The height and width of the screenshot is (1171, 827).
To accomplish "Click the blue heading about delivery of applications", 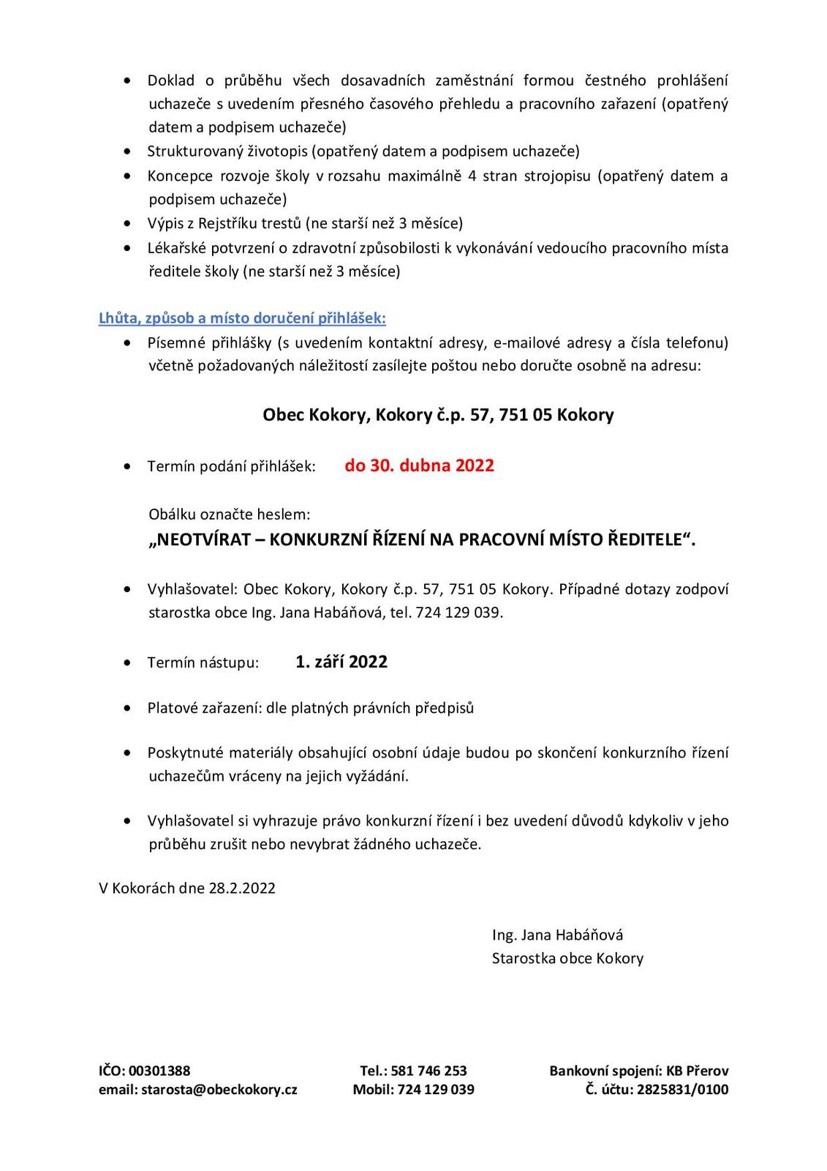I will tap(242, 318).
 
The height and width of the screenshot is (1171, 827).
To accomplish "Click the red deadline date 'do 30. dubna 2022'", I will tap(419, 465).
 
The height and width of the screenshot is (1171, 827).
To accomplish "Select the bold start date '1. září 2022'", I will tap(341, 662).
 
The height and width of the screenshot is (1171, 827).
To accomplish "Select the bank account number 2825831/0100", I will tap(682, 1089).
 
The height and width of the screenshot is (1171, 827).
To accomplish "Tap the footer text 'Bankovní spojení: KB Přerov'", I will tap(638, 1071).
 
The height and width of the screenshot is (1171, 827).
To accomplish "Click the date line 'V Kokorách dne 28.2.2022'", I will tap(187, 888).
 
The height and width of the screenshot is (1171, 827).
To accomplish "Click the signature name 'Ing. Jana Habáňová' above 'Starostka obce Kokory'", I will tap(557, 935).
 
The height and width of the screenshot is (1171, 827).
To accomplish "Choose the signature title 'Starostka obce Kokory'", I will tap(567, 958).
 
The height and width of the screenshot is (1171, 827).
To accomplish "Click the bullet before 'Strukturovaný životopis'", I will tap(129, 152).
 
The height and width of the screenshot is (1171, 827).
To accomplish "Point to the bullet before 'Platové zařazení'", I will tap(129, 708).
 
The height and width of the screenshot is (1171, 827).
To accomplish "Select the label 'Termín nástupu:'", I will tap(203, 663).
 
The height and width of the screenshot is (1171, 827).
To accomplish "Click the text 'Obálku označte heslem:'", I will tap(230, 515).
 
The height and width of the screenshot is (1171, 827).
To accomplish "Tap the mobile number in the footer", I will tap(435, 1089).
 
